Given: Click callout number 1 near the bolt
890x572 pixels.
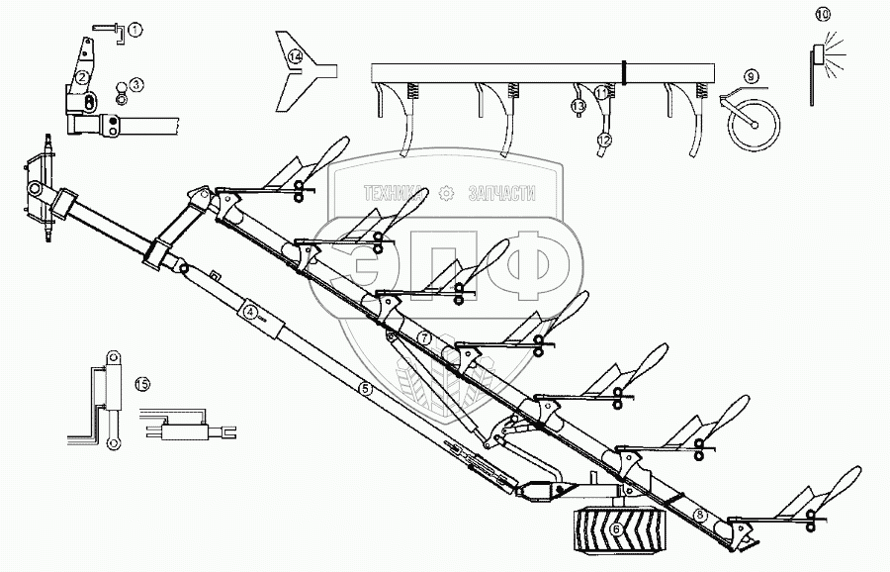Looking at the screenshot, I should (135, 30).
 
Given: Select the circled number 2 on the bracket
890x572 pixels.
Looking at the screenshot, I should (84, 76).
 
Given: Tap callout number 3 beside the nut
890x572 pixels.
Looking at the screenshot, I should (135, 85).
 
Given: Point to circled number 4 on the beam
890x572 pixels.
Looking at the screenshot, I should (251, 313).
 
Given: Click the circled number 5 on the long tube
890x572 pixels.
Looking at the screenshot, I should (365, 389).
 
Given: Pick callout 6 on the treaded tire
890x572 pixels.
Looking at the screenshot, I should (616, 530).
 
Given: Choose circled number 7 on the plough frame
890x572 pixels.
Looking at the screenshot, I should (424, 337).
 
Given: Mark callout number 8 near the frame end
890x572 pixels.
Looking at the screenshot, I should (700, 515).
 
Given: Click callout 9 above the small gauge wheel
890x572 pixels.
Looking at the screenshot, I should (751, 76).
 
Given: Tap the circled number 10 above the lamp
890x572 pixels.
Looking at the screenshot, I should (823, 14).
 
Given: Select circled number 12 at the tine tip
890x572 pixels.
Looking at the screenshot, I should (604, 141).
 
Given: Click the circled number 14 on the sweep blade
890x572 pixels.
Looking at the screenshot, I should (295, 58).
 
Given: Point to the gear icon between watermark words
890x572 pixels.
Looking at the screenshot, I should (447, 194).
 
